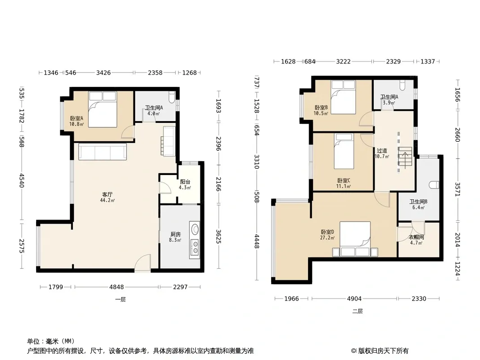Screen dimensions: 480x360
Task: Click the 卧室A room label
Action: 77,118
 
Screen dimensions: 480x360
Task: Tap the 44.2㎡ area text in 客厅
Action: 108,200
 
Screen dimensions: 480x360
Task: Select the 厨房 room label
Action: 176,234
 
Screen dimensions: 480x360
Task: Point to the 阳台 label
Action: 185,182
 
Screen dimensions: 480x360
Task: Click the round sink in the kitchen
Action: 195,229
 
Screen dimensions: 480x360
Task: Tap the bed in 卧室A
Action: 103,109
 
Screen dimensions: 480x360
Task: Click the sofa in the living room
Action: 103,152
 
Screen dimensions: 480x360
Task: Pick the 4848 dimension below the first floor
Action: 117,287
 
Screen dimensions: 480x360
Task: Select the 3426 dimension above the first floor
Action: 104,72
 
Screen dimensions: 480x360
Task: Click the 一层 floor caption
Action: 120,299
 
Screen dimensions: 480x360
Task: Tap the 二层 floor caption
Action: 357,311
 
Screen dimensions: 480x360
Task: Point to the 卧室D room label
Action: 327,232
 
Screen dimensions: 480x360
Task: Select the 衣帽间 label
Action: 417,237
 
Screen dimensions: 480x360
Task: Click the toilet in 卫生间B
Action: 434,185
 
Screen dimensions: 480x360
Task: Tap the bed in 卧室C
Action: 344,151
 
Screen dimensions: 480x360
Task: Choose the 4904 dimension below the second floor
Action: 354,298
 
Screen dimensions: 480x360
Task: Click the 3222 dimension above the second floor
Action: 343,62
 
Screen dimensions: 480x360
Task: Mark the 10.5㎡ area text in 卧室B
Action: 321,113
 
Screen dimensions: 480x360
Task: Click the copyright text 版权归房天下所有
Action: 383,351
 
